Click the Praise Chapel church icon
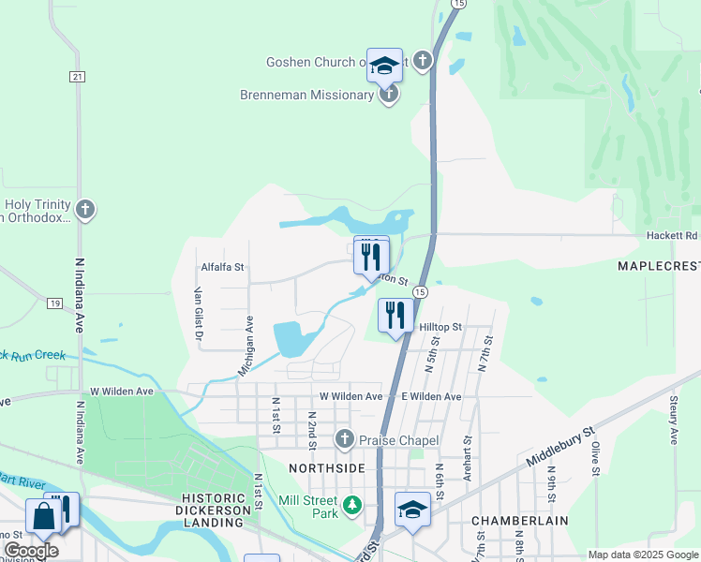(345, 439)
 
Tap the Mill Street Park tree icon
(351, 507)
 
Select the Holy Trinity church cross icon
(85, 209)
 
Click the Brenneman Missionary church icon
(389, 95)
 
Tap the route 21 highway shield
(78, 76)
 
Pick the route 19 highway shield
(55, 303)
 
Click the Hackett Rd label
(672, 236)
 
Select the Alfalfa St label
(222, 267)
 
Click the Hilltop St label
(440, 326)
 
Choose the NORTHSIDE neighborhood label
(326, 467)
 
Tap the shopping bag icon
(44, 515)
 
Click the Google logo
(31, 551)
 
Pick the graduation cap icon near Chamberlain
(412, 510)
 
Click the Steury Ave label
(673, 419)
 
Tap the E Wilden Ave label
(431, 397)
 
